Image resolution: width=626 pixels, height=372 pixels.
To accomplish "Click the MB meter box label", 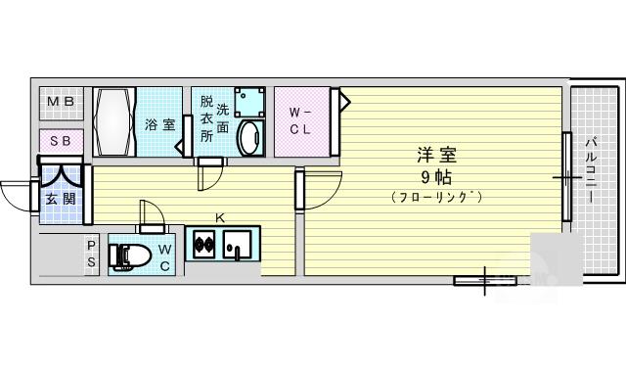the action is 61,102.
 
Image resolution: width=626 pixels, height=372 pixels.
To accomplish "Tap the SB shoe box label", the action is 61,141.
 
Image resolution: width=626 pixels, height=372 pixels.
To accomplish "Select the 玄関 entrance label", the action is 61,199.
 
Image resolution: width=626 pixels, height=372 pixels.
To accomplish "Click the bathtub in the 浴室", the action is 114,121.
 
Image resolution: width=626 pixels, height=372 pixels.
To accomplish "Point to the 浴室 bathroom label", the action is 159,124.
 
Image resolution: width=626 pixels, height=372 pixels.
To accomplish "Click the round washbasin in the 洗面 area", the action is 250,137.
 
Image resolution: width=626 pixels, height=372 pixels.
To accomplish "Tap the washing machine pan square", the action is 250,102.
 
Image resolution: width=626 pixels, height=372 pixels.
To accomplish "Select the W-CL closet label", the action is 300,121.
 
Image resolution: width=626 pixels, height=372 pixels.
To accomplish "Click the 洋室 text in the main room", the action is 437,155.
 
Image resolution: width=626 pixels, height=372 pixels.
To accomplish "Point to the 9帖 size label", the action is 436,177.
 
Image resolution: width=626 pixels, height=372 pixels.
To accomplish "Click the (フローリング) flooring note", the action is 437,197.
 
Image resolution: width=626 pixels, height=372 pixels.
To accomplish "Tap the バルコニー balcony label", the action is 591,169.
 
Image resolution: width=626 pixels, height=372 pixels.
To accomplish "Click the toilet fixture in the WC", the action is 130,255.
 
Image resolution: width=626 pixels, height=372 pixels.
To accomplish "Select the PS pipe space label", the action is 91,254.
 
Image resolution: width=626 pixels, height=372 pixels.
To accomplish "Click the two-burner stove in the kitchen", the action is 204,244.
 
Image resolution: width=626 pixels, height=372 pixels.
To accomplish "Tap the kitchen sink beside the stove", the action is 237,245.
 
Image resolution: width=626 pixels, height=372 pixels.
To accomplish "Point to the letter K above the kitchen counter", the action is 219,218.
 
